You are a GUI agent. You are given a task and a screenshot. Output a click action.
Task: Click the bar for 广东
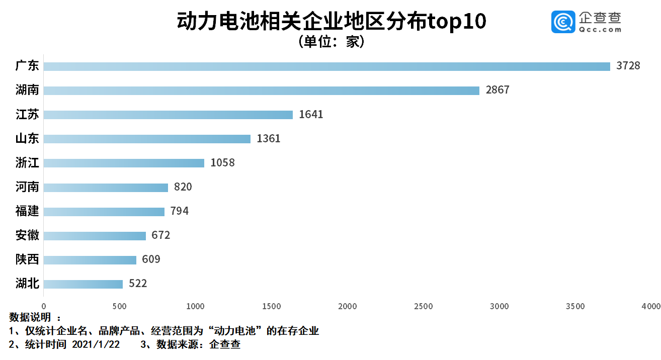327,66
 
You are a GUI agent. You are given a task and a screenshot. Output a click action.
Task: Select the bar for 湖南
262,91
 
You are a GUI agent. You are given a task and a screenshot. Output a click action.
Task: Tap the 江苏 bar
168,115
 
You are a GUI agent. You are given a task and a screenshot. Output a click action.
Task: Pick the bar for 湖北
83,284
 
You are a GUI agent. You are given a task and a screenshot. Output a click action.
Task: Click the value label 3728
628,66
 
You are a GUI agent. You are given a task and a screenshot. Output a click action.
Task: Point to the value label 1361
268,139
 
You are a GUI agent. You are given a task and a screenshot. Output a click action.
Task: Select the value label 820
183,187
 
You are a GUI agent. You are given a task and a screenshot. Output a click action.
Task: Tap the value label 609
151,259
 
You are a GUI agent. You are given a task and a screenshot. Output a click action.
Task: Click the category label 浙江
27,163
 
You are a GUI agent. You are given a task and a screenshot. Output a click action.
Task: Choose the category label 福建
27,211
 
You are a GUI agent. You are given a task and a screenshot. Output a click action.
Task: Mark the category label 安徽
27,235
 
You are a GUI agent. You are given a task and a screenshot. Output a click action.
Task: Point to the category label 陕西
27,259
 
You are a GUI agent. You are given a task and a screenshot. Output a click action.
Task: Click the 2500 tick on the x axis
423,306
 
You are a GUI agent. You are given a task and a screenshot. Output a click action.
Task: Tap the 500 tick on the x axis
119,306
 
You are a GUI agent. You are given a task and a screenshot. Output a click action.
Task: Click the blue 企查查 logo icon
563,22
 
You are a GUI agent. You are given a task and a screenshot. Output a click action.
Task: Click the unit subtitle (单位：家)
330,42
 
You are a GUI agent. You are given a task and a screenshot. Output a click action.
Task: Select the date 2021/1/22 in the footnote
96,344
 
